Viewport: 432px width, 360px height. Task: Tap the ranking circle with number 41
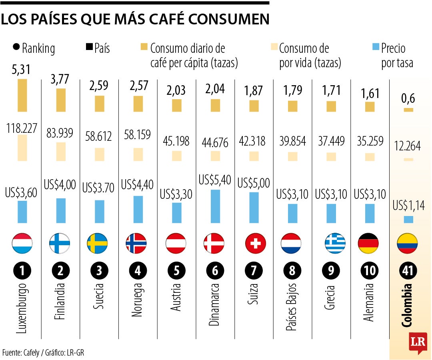pyautogui.click(x=408, y=271)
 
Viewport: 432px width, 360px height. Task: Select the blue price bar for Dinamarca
pyautogui.click(x=215, y=206)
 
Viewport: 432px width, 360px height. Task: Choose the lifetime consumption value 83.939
pyautogui.click(x=60, y=133)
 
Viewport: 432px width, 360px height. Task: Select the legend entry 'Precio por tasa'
pyautogui.click(x=396, y=56)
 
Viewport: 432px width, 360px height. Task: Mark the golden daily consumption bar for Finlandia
pyautogui.click(x=61, y=100)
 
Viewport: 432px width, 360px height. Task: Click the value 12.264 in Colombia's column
pyautogui.click(x=407, y=146)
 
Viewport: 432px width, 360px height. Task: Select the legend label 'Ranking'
pyautogui.click(x=38, y=48)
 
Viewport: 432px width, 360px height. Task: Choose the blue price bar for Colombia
pyautogui.click(x=408, y=219)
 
